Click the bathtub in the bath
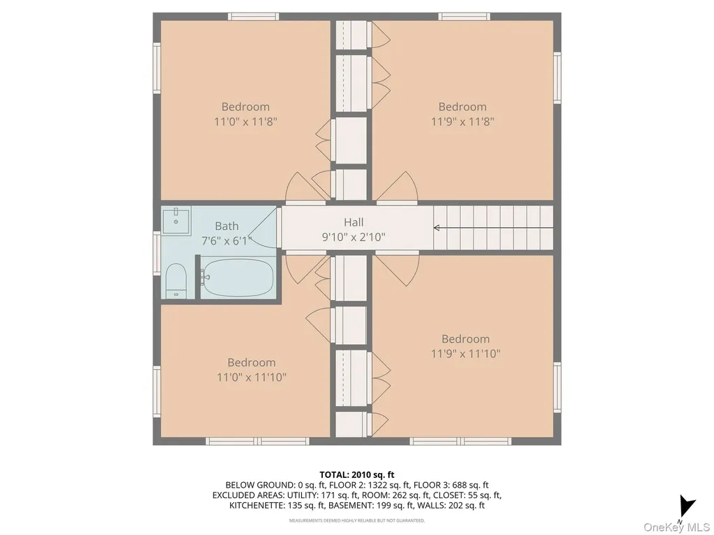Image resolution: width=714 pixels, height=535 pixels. [x=238, y=277]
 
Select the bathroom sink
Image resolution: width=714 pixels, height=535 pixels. [x=176, y=221]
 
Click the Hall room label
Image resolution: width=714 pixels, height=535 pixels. [x=354, y=222]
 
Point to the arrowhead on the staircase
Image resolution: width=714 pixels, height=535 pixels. [x=436, y=228]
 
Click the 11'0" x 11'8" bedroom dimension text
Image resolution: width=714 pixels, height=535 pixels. [x=246, y=121]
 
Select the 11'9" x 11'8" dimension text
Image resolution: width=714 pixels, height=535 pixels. [x=463, y=121]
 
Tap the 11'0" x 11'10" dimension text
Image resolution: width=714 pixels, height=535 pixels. [x=251, y=377]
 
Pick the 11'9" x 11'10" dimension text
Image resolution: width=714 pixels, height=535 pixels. [x=466, y=353]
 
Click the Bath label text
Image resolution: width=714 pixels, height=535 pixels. [x=227, y=226]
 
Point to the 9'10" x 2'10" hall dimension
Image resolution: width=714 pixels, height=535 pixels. [x=354, y=237]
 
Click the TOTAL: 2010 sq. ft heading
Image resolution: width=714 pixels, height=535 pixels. [x=356, y=475]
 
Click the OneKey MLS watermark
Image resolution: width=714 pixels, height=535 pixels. [x=676, y=527]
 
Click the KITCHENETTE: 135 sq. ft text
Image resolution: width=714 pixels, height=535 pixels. [x=277, y=505]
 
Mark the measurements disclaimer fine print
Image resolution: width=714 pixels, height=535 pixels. [x=356, y=520]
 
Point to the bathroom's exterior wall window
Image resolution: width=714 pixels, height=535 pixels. [x=157, y=253]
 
